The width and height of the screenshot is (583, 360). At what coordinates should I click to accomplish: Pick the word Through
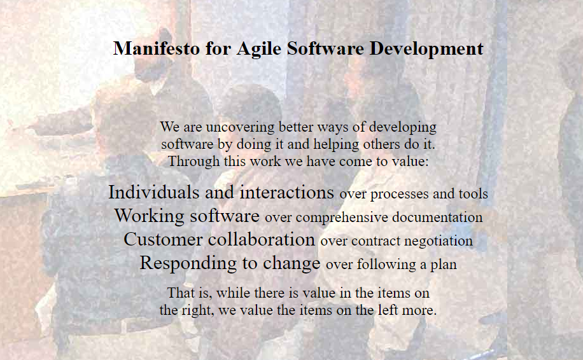pos(190,161)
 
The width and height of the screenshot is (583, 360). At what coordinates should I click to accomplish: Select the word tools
pos(474,193)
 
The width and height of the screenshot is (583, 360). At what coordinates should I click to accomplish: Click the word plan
pos(445,265)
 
